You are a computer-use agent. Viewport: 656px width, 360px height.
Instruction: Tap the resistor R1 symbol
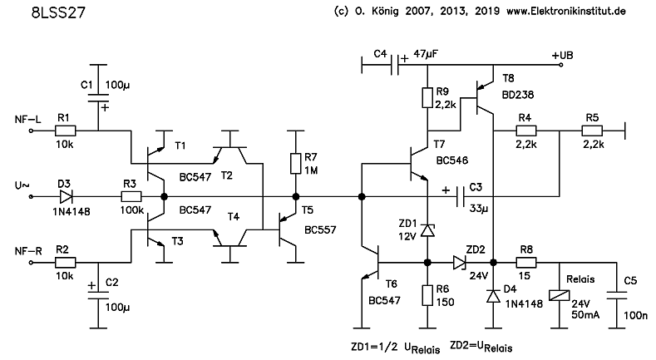pos(65,131)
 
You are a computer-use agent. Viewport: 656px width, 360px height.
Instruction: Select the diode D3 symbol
pos(66,197)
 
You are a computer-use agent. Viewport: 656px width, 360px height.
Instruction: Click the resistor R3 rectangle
pos(131,197)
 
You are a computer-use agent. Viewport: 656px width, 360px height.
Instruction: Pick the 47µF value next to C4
pos(427,53)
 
